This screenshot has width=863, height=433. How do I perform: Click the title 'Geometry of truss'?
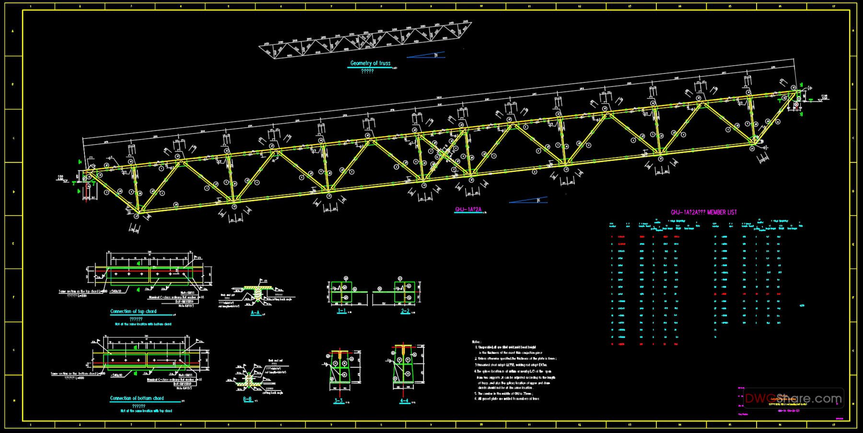coord(370,63)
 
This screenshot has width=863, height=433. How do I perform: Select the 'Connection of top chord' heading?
coord(133,311)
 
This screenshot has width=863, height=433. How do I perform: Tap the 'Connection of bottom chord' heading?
coord(137,398)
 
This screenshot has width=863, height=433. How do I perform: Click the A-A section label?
coord(256,313)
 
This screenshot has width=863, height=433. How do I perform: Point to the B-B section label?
coord(247,399)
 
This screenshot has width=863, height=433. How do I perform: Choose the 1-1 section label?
coord(341,311)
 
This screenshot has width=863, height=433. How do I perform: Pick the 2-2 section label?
coord(405,311)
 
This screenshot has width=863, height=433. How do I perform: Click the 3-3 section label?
coord(338,400)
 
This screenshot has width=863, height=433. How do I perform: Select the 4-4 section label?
coord(404,400)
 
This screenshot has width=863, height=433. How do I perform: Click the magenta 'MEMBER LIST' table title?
coord(703,212)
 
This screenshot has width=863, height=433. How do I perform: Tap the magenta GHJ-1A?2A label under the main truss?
coord(468,209)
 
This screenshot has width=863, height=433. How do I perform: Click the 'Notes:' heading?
coord(477,341)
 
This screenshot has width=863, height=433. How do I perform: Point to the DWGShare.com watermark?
coord(793,398)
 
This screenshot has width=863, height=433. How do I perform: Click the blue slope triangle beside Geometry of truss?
coord(426,55)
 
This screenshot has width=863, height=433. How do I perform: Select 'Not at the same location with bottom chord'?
coord(143,324)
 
